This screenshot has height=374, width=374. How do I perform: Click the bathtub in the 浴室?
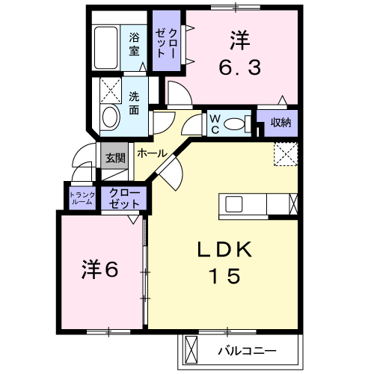point(106,47)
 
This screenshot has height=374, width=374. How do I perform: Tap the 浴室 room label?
point(134,44)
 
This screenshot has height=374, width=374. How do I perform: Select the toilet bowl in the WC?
point(234,123)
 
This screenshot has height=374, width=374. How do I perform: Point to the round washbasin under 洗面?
point(110,117)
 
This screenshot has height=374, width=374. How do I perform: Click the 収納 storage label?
point(281,123)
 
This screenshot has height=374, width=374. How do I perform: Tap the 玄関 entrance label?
point(115,158)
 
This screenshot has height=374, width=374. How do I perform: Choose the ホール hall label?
point(153,153)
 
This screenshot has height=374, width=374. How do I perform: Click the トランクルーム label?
point(82,198)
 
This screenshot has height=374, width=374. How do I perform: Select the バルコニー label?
point(248,351)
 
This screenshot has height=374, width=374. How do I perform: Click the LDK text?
point(224,250)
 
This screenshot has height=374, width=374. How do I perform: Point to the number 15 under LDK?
point(226,276)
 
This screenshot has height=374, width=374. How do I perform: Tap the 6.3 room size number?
point(240,67)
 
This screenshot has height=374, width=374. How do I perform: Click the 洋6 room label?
point(99,269)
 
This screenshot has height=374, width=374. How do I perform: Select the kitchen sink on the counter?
point(234,204)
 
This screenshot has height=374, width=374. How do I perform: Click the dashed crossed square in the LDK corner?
point(286,154)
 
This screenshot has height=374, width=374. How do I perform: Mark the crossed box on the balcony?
point(190,351)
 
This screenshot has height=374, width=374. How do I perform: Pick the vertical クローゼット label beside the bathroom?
point(166,43)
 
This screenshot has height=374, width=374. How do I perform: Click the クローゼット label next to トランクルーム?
point(124,198)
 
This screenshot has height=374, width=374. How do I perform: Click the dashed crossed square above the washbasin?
point(111,91)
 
